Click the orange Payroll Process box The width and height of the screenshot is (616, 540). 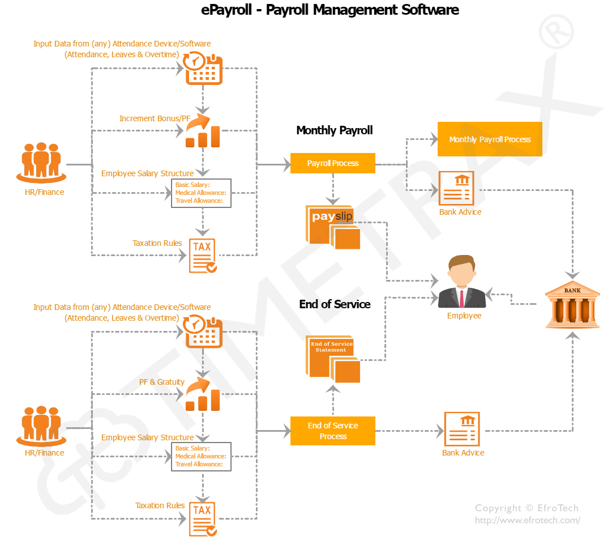pos(333,163)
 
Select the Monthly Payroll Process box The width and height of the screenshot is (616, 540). pos(490,139)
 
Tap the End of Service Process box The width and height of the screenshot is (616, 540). pos(333,431)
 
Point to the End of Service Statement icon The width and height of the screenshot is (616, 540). pos(333,359)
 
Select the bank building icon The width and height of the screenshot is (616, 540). pos(572,306)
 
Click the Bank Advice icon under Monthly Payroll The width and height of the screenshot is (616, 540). pos(456,188)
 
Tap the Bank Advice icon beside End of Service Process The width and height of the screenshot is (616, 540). pos(462,430)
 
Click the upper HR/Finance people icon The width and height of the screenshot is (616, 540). pos(41,162)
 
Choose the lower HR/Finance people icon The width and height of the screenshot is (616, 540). pos(41,424)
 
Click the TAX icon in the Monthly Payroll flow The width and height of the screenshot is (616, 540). pos(202,256)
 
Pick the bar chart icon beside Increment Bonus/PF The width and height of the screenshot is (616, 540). pos(203,131)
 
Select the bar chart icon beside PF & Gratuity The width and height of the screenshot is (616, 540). pos(203,395)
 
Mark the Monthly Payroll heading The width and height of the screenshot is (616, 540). pos(335,130)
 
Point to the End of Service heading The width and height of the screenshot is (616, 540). pos(335,304)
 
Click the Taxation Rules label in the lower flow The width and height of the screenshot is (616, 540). pos(160,505)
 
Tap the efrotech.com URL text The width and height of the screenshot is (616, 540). pos(527,520)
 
